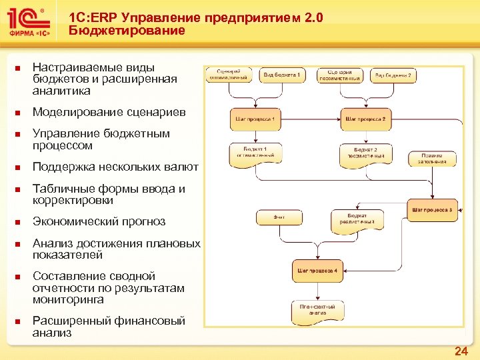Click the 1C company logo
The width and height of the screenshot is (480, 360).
28,21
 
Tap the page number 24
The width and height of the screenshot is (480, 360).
461,351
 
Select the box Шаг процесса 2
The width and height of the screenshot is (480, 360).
366,119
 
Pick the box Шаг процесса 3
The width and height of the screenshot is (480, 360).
433,210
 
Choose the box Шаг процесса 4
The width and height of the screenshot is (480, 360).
317,271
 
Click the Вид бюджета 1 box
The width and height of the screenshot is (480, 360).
281,75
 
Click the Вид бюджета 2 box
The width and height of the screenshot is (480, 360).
393,75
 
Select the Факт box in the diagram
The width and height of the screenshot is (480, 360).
278,217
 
